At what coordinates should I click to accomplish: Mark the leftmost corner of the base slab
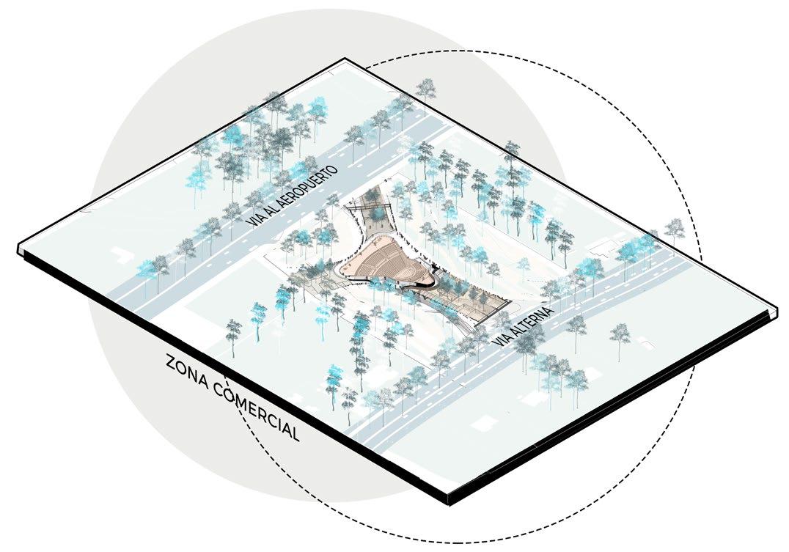point(18,249)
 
